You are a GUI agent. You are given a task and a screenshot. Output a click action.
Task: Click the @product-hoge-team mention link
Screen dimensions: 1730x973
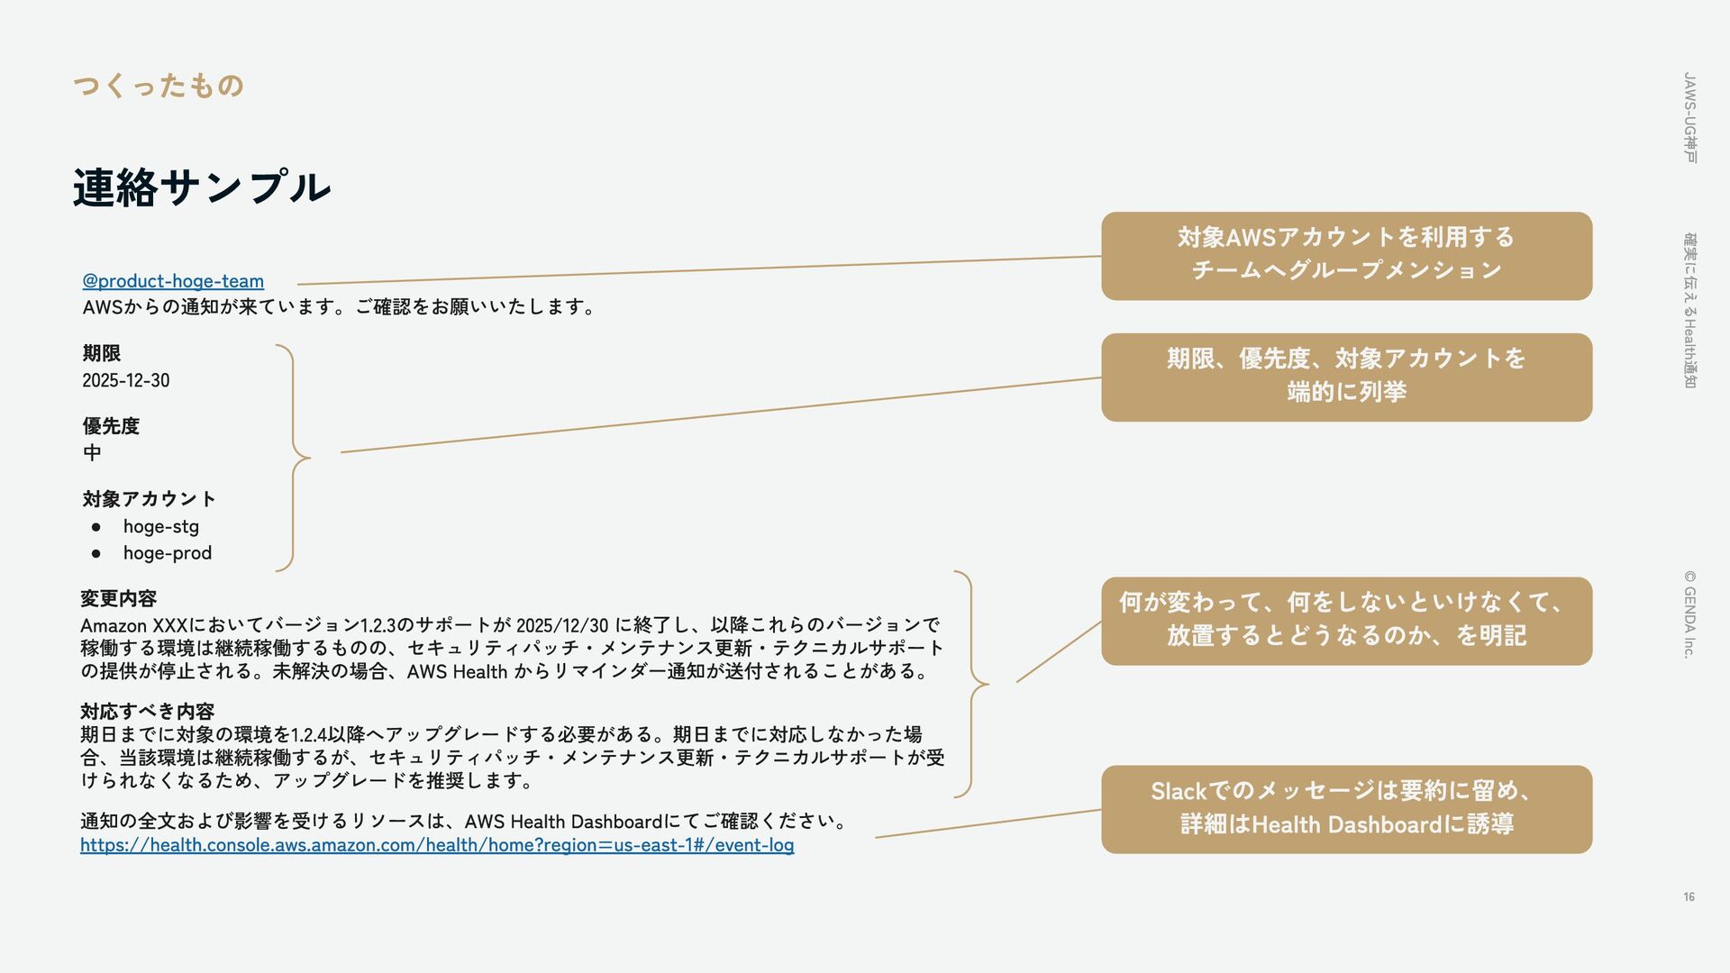coord(173,281)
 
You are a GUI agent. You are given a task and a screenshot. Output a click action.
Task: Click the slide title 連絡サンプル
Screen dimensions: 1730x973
coord(202,187)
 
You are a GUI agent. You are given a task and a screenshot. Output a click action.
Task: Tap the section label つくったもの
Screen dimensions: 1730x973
coord(159,86)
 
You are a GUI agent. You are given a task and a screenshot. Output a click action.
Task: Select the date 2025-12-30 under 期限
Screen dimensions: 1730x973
coord(125,380)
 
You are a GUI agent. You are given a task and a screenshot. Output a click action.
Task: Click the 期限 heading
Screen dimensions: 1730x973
coord(101,353)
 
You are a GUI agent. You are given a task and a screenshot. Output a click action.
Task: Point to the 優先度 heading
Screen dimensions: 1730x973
coord(111,426)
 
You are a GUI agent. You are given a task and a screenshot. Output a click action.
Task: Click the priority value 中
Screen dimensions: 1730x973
coord(92,452)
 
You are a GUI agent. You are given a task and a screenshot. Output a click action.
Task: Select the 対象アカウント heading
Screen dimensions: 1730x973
coord(149,499)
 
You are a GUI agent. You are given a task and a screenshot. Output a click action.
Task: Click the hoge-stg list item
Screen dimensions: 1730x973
coord(160,526)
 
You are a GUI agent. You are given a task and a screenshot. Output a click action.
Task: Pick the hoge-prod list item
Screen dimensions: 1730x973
coord(168,553)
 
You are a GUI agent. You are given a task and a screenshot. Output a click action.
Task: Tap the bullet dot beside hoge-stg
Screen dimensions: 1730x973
coord(96,527)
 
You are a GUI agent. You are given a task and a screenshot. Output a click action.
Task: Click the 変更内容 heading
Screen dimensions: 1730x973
coord(118,598)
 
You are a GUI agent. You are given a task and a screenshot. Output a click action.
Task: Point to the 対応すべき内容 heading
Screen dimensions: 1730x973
coord(147,712)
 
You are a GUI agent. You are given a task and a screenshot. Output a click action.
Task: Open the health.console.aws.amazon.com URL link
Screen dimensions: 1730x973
coord(437,845)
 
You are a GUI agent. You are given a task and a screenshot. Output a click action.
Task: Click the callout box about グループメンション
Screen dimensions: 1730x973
coord(1346,256)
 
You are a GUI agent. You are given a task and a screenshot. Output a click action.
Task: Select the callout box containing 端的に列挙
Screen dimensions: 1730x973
coord(1346,377)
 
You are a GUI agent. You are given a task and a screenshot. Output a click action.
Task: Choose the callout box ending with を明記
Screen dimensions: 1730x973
coord(1346,621)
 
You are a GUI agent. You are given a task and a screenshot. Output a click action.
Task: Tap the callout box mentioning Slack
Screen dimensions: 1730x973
coord(1346,809)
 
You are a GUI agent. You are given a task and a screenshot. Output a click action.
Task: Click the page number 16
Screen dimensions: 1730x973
coord(1689,896)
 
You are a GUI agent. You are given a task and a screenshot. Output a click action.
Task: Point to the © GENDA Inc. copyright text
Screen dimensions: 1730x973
coord(1689,614)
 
